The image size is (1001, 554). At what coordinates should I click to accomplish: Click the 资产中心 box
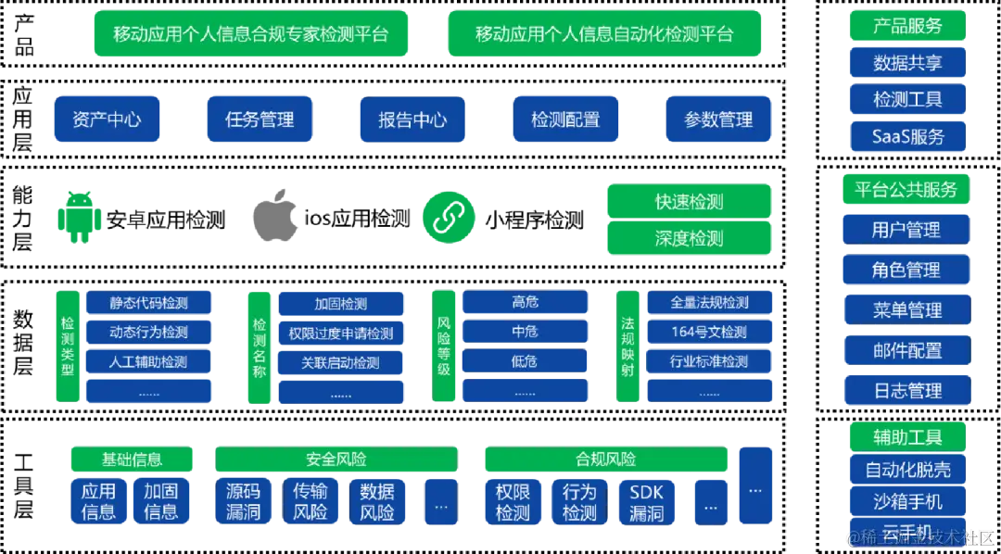tap(106, 120)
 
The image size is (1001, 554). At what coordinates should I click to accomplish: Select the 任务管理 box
tap(259, 120)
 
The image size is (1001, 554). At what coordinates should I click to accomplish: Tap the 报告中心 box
tap(412, 120)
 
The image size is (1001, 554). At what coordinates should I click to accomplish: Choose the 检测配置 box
tap(564, 120)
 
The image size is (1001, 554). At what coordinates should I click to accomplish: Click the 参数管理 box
tap(718, 120)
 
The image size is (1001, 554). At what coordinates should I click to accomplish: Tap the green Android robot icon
tap(80, 217)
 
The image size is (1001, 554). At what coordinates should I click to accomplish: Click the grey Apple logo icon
tap(278, 217)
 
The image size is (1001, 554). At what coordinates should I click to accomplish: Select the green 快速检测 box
tap(689, 201)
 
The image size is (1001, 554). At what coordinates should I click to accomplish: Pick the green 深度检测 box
tap(689, 238)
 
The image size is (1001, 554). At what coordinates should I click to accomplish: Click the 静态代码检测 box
tap(148, 303)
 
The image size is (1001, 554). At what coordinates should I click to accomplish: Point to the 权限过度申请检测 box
tap(340, 333)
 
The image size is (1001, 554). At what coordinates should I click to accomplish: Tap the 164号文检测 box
tap(709, 332)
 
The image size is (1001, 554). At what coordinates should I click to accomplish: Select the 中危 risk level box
tap(525, 332)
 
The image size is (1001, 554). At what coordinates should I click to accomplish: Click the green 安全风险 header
tap(336, 459)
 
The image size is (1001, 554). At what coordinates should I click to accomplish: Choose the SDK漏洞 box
tap(646, 502)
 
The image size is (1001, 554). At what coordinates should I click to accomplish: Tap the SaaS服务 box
tap(907, 136)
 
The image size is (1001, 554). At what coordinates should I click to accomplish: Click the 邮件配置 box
tap(906, 350)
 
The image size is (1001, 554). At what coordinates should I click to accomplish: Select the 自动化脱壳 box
tap(907, 470)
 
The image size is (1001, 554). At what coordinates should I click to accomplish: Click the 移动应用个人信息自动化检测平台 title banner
tap(603, 34)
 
